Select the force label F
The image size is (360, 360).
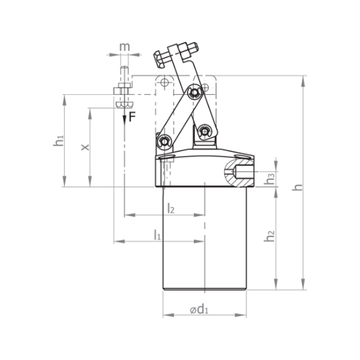(x=132, y=117)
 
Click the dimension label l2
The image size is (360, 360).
(x=171, y=208)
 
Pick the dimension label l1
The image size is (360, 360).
(x=157, y=234)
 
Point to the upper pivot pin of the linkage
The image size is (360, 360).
(x=194, y=94)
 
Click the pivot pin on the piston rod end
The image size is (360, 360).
(x=206, y=132)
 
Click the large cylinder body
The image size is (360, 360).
(x=204, y=239)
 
